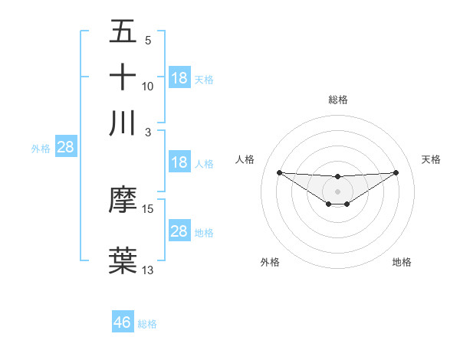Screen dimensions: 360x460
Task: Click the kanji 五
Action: coord(123,31)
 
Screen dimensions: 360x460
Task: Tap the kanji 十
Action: coord(123,77)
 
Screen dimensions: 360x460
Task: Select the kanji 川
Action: coord(123,123)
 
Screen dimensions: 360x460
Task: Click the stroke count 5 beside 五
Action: coord(147,41)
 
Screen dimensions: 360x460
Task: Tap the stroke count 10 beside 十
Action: coord(148,87)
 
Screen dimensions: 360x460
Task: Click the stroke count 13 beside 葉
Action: coord(148,270)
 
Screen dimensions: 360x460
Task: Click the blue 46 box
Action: coord(123,322)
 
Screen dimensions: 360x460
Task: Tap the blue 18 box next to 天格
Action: coord(179,78)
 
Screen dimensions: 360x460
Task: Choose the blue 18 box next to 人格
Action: coord(179,162)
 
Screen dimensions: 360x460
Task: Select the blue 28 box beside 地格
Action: coord(179,231)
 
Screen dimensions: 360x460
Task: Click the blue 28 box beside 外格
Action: coord(65,147)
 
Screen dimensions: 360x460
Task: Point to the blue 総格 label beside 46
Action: coord(147,324)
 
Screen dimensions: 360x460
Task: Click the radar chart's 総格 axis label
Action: coord(337,100)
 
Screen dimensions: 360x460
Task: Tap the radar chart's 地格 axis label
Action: coord(402,263)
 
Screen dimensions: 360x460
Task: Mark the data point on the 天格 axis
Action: coord(396,172)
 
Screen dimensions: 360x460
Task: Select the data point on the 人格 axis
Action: coord(279,172)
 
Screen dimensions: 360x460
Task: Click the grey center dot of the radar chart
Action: coord(337,191)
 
